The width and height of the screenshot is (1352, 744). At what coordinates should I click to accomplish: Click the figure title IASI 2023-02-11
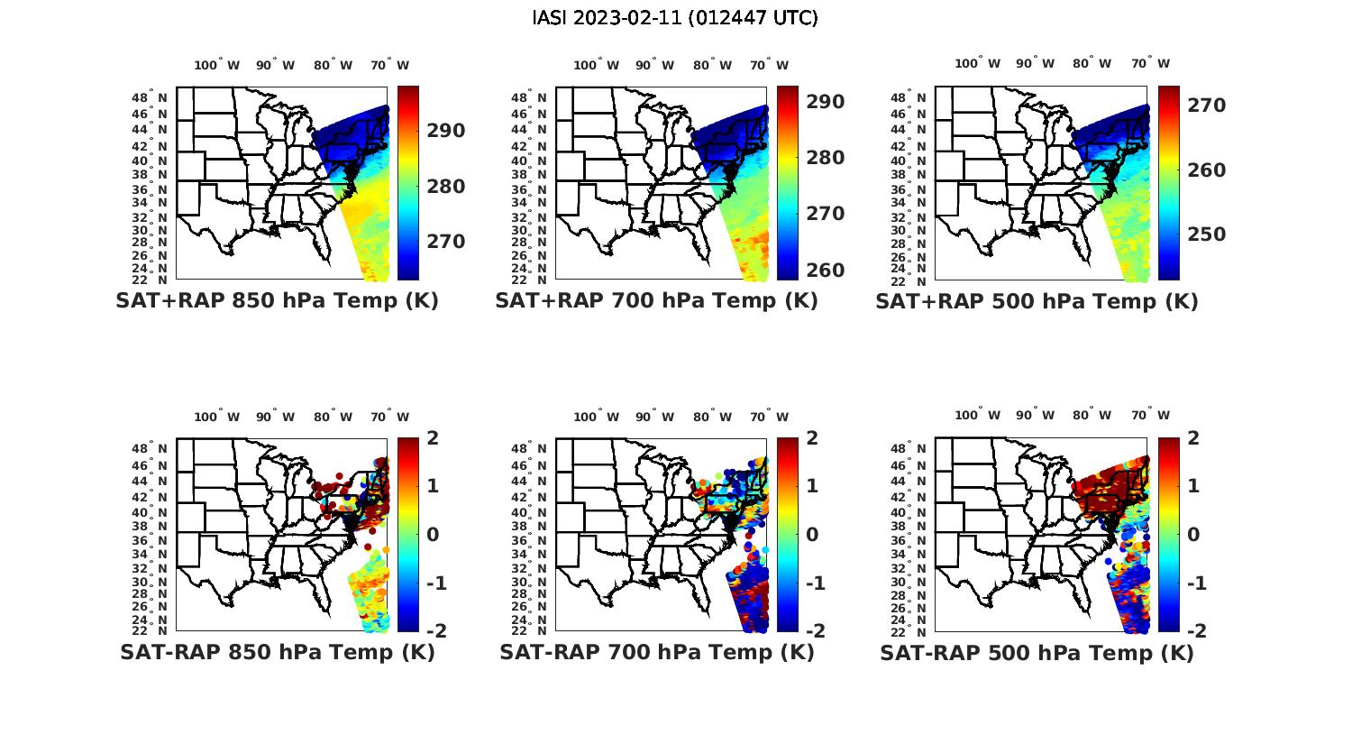pyautogui.click(x=675, y=18)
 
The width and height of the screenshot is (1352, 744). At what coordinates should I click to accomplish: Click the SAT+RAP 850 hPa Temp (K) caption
pyautogui.click(x=277, y=301)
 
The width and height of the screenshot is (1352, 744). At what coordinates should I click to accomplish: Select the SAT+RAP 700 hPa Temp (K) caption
pyautogui.click(x=656, y=301)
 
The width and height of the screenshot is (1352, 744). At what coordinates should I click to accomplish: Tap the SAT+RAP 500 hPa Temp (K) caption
pyautogui.click(x=1037, y=301)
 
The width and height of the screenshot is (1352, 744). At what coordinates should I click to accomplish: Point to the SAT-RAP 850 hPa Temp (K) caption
pyautogui.click(x=277, y=652)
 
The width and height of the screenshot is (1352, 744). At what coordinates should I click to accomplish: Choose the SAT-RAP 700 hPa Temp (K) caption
pyautogui.click(x=657, y=652)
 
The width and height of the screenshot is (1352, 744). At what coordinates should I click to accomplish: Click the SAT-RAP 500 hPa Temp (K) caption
pyautogui.click(x=1037, y=653)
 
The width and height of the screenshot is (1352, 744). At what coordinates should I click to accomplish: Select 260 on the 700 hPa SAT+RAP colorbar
pyautogui.click(x=827, y=270)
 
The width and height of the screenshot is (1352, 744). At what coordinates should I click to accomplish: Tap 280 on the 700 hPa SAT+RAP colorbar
pyautogui.click(x=827, y=158)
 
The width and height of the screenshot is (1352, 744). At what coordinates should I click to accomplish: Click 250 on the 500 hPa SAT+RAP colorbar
pyautogui.click(x=1207, y=234)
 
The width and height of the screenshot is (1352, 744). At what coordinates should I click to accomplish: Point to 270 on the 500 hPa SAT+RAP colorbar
pyautogui.click(x=1207, y=106)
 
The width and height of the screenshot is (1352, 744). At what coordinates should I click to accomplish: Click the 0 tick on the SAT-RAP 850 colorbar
pyautogui.click(x=433, y=534)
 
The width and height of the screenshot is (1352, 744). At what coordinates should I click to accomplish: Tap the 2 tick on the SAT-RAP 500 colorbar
pyautogui.click(x=1199, y=438)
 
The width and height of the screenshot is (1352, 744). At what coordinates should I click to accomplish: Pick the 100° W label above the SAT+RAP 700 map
pyautogui.click(x=596, y=65)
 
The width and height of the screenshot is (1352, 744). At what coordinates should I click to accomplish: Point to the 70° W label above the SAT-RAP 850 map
pyautogui.click(x=389, y=417)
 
